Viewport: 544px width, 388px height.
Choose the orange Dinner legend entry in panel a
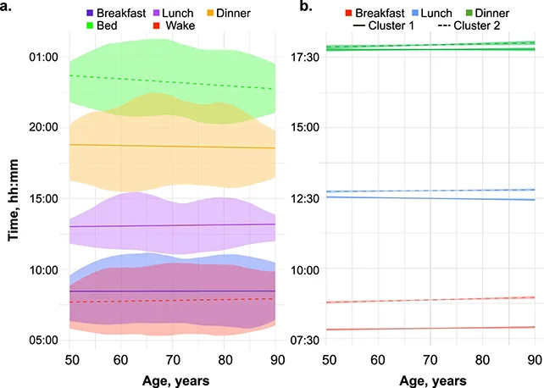[246, 14]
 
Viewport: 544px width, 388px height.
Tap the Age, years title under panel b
[433, 380]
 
